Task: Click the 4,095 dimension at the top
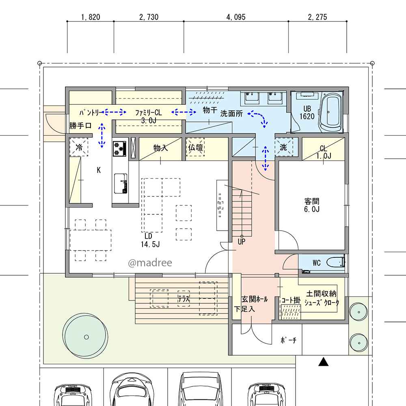coord(236,17)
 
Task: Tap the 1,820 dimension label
coord(91,17)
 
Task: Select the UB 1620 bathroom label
coord(307,112)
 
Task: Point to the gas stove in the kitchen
coord(120,149)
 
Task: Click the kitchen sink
coord(121,184)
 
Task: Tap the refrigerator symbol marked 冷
coord(79,147)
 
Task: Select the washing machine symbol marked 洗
coord(284,147)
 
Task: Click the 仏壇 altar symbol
coord(196,147)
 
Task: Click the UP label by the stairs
coord(241,242)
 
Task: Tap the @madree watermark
coord(150,263)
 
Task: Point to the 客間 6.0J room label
coord(312,205)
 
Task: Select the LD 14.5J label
coord(150,240)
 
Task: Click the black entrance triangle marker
coord(323,362)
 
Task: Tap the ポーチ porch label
coord(288,340)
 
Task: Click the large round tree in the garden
coord(85,337)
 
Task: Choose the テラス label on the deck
coord(184,299)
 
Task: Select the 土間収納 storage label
coord(321,294)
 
